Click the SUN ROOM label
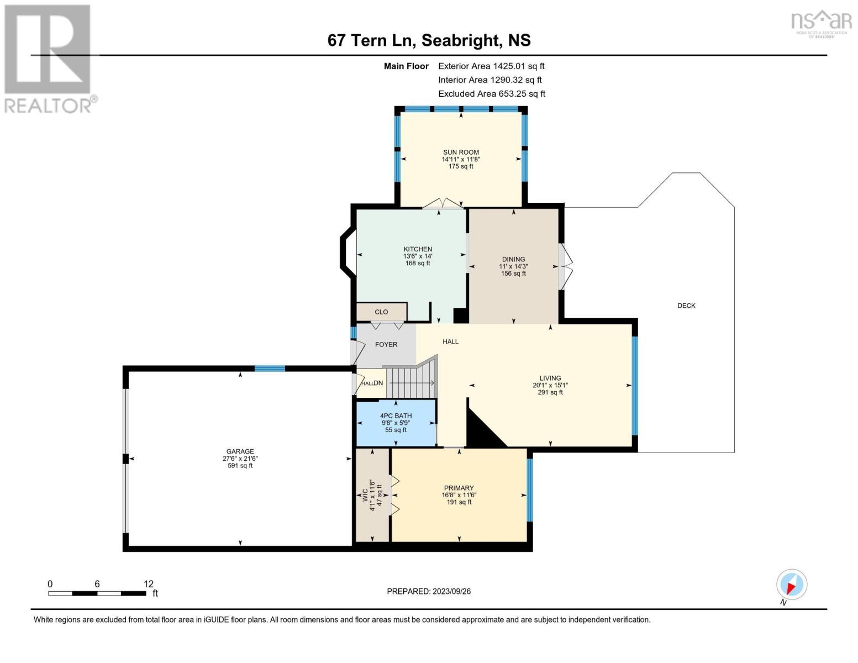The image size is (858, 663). click(461, 152)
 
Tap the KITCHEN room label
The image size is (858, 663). click(417, 249)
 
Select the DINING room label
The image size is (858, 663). click(513, 259)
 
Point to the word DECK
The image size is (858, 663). click(686, 306)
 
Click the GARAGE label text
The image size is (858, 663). click(240, 451)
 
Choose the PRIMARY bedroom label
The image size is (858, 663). click(459, 488)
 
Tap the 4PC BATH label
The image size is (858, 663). click(396, 416)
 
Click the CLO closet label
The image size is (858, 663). click(381, 312)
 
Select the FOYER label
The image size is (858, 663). click(386, 345)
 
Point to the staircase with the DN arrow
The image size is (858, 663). click(410, 383)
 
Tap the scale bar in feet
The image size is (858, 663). click(97, 593)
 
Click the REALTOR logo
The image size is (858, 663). click(49, 59)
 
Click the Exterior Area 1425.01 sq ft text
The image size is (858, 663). click(491, 66)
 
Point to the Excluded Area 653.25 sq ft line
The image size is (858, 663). click(491, 94)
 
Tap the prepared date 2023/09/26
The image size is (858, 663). click(429, 591)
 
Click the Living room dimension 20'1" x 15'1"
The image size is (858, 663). click(550, 386)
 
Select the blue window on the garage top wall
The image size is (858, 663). click(270, 369)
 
